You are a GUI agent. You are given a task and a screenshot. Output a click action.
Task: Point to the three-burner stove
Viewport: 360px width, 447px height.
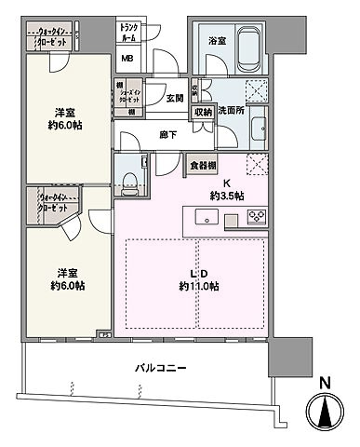(x=257, y=219)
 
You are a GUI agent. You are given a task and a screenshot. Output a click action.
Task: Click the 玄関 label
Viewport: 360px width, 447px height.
(x=175, y=97)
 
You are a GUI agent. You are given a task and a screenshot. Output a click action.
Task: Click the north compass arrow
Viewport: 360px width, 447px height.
(x=324, y=411)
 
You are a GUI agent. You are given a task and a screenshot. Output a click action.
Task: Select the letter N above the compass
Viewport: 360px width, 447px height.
(x=324, y=381)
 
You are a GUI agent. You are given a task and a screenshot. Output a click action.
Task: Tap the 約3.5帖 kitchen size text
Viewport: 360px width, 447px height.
(x=227, y=196)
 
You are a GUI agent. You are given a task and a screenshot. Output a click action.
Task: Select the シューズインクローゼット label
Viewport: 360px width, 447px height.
(x=130, y=97)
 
